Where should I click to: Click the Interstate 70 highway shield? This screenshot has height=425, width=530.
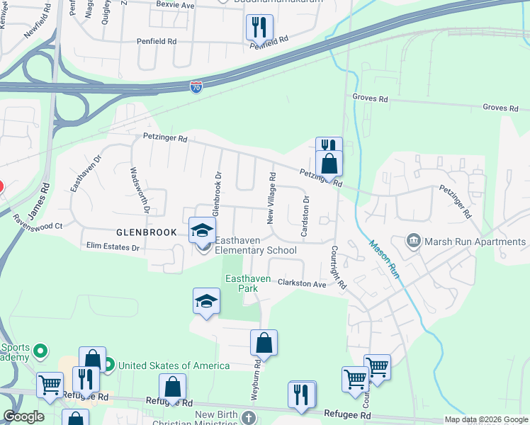point(196,87)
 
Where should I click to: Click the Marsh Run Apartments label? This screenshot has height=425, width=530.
point(475,242)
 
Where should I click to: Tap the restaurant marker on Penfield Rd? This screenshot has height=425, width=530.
point(260,27)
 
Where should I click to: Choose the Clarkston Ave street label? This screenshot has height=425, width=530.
point(301,283)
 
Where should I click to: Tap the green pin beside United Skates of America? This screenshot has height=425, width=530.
point(108,365)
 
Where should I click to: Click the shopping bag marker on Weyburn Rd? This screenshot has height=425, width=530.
point(264,343)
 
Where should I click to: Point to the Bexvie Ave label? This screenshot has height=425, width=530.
point(175,5)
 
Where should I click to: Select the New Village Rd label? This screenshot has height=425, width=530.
point(271,198)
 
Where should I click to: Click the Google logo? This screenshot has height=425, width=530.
point(23,416)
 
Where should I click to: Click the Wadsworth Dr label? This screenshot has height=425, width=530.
point(139,189)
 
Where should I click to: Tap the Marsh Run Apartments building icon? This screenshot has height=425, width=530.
point(413,242)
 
